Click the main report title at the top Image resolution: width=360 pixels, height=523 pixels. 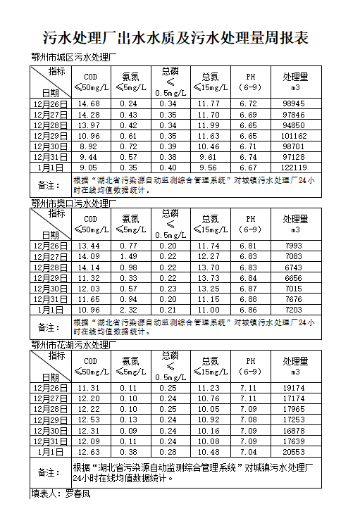[x=176, y=37]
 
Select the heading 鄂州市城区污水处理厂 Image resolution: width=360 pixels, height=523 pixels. [x=73, y=58]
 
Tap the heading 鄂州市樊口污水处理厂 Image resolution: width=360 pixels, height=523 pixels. [x=73, y=203]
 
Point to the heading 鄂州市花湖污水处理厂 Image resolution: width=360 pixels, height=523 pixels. [x=73, y=345]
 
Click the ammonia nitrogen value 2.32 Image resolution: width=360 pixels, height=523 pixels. [x=128, y=310]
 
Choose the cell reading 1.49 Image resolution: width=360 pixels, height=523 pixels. [x=128, y=256]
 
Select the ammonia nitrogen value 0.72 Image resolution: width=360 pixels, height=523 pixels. [x=128, y=146]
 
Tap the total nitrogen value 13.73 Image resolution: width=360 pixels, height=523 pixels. [x=209, y=277]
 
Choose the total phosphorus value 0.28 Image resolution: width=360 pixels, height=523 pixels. [x=168, y=452]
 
